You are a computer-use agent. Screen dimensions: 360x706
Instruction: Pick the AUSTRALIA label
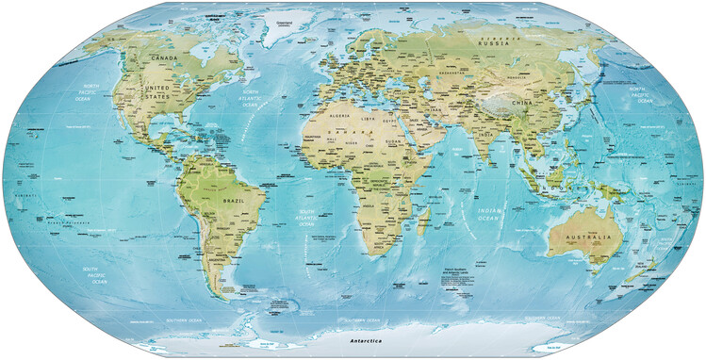(x=583, y=235)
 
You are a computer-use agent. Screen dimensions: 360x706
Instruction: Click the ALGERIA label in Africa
(x=334, y=116)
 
